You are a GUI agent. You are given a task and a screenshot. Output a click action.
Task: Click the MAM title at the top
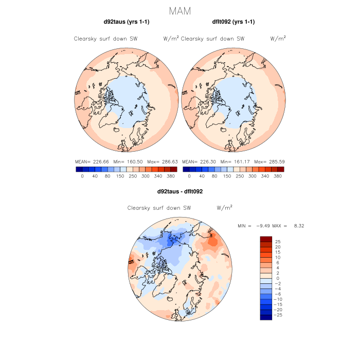(x=180, y=11)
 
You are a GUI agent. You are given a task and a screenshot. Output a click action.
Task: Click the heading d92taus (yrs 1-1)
(x=127, y=22)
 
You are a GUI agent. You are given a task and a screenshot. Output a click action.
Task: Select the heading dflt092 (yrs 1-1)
(x=233, y=22)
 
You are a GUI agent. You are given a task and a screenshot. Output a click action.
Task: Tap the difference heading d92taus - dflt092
(x=180, y=191)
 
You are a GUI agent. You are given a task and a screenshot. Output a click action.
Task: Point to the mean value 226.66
(x=102, y=161)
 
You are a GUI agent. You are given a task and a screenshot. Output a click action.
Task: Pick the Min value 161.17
(x=239, y=161)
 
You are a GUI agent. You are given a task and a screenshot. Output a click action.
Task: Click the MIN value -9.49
(x=264, y=226)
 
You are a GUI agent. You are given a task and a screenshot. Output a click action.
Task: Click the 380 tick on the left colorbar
(x=171, y=176)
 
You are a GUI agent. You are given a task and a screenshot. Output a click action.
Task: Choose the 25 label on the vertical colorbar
(x=278, y=241)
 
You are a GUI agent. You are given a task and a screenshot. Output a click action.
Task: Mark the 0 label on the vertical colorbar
(x=278, y=278)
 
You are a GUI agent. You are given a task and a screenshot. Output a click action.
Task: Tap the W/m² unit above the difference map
(x=224, y=208)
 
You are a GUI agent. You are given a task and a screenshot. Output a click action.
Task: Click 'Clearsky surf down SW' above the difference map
(x=159, y=208)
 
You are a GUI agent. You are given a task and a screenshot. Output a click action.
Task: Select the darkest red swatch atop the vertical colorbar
(x=266, y=239)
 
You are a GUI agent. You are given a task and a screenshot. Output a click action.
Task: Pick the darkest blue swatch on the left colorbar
(x=79, y=169)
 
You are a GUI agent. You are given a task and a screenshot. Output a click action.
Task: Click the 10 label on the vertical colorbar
(x=278, y=257)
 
